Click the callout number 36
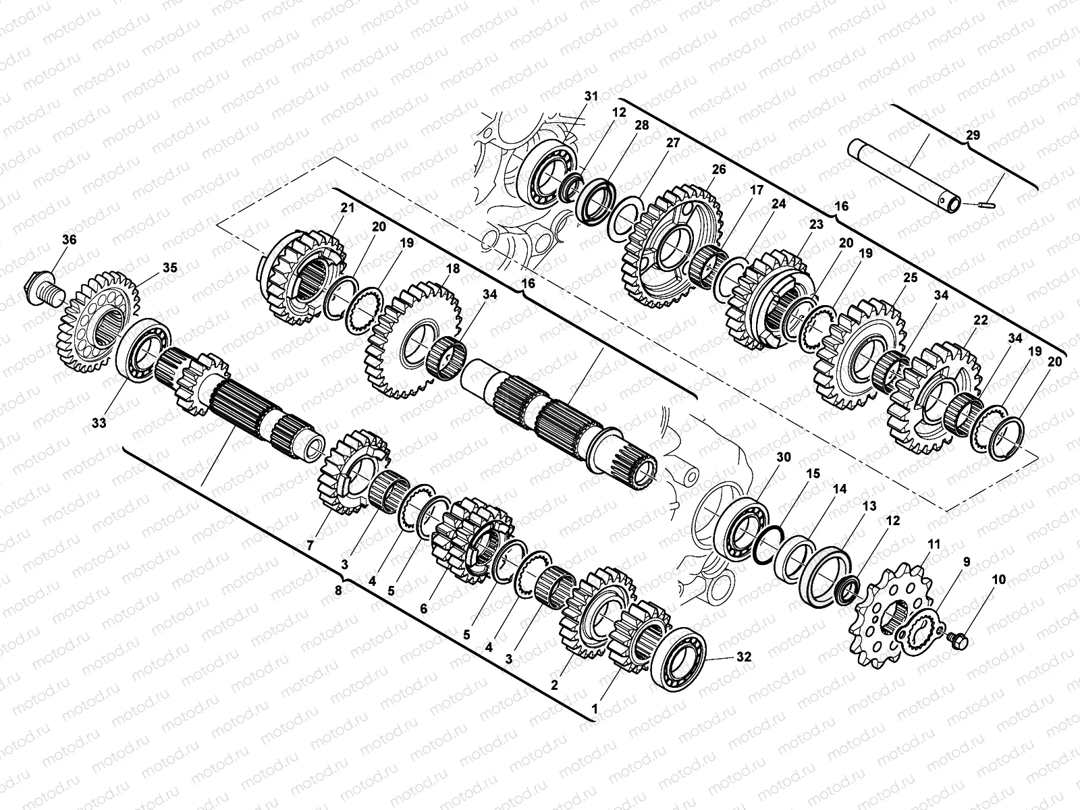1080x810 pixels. coord(70,240)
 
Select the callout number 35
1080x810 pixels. coord(169,267)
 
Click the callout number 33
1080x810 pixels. coord(99,423)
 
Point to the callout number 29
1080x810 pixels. coord(973,135)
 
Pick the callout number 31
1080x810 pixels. coord(591,96)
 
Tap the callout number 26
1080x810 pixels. coord(719,169)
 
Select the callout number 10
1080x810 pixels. coord(999,580)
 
